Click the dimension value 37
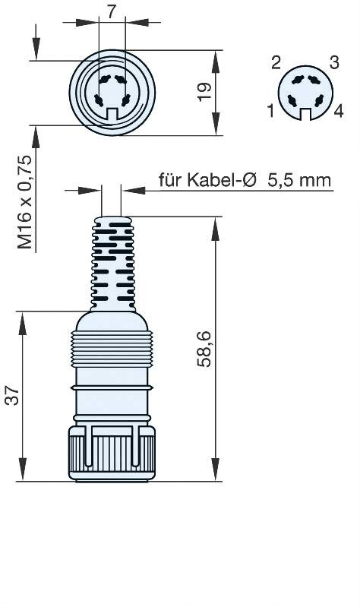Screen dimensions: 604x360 click(x=11, y=396)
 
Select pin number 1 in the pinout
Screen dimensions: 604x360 click(x=270, y=112)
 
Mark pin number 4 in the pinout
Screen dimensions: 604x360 click(x=339, y=112)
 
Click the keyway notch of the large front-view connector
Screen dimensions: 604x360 click(x=112, y=114)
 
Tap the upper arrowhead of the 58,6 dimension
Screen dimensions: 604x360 click(x=216, y=222)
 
